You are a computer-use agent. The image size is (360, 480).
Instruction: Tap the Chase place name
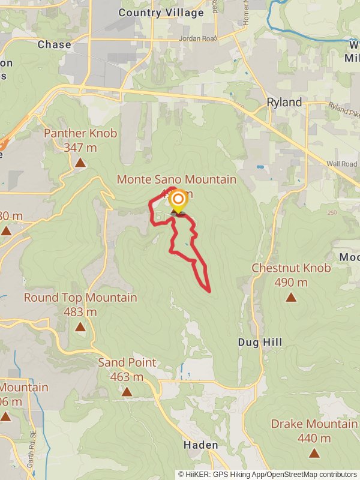[54, 44]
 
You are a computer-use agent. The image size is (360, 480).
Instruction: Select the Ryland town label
[284, 103]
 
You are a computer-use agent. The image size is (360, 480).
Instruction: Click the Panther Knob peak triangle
[80, 162]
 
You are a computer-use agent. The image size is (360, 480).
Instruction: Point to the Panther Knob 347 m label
[80, 140]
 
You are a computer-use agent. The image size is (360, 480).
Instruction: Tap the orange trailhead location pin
[178, 200]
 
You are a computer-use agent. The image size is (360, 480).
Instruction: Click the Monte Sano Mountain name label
[176, 179]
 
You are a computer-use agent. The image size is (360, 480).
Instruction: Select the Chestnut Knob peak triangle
[291, 297]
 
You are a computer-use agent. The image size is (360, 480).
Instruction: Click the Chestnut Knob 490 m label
[291, 275]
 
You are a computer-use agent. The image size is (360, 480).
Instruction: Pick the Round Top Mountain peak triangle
[80, 326]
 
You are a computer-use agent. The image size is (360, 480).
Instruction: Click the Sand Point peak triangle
[127, 392]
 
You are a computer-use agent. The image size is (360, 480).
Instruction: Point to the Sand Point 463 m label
[127, 370]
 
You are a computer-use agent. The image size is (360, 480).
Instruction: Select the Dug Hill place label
[260, 342]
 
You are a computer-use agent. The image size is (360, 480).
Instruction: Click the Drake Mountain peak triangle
[314, 453]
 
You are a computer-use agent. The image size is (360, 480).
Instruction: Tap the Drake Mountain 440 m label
[314, 431]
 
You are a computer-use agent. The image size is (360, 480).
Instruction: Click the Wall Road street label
[341, 164]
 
